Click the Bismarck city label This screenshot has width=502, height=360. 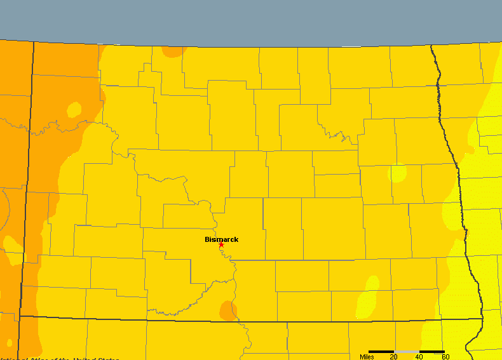221,239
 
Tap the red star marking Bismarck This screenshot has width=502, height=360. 221,245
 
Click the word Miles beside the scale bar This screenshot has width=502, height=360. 367,357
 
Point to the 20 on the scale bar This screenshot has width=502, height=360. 394,357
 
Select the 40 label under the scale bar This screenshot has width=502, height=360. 419,357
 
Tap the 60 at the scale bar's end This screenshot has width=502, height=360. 445,357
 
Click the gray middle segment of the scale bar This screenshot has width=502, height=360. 407,351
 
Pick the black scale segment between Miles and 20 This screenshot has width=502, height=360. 381,351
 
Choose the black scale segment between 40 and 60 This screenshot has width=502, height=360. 432,351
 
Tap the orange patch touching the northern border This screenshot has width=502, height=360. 173,51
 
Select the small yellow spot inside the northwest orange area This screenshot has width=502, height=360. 74,110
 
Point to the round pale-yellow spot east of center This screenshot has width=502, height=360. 398,173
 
